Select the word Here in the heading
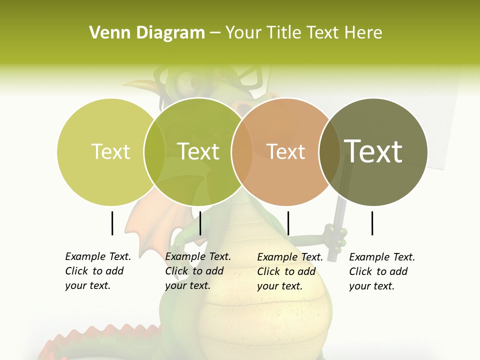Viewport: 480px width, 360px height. (363, 33)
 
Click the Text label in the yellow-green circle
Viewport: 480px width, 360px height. (110, 151)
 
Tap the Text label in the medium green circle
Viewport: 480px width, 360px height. (198, 151)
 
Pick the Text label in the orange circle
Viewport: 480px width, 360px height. (285, 151)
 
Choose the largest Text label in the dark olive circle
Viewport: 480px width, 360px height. (373, 151)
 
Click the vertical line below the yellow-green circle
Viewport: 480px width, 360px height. (112, 223)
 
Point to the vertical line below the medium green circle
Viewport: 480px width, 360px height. (200, 223)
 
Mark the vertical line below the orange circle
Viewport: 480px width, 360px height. (288, 223)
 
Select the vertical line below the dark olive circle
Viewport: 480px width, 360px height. (372, 223)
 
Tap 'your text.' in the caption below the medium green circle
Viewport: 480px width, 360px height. (187, 285)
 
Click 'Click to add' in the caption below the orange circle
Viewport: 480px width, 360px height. (286, 271)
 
